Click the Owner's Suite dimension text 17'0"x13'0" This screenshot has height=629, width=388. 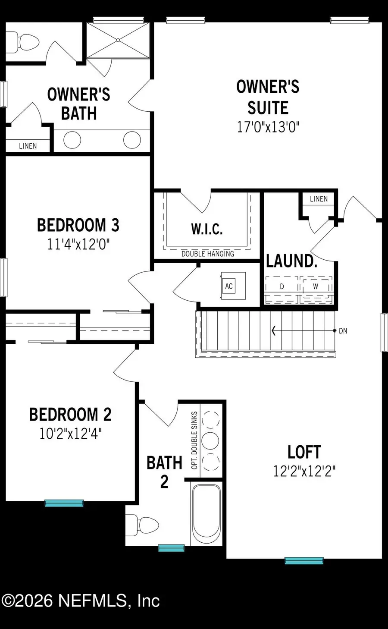click(x=268, y=127)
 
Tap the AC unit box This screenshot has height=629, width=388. click(x=229, y=286)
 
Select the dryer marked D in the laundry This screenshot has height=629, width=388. click(x=282, y=287)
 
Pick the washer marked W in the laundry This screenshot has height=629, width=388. click(x=316, y=287)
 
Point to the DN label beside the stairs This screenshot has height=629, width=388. click(x=343, y=331)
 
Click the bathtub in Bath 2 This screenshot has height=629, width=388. click(x=207, y=513)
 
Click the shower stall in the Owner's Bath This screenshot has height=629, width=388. click(x=119, y=40)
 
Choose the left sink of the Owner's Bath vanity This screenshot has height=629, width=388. click(x=72, y=140)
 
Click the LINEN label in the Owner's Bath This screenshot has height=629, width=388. click(x=28, y=146)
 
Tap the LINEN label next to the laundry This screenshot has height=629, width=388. click(x=319, y=199)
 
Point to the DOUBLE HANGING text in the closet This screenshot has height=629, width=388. click(x=207, y=254)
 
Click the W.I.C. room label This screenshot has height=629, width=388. click(x=207, y=229)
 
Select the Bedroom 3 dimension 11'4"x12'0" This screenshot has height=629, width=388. click(x=78, y=245)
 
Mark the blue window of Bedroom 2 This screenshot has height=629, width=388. click(x=64, y=503)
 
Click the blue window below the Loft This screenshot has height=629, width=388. click(x=304, y=560)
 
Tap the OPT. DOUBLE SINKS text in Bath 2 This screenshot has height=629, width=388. click(x=194, y=440)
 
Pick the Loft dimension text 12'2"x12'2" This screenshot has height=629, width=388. click(x=304, y=471)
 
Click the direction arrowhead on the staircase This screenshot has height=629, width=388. click(x=274, y=331)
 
